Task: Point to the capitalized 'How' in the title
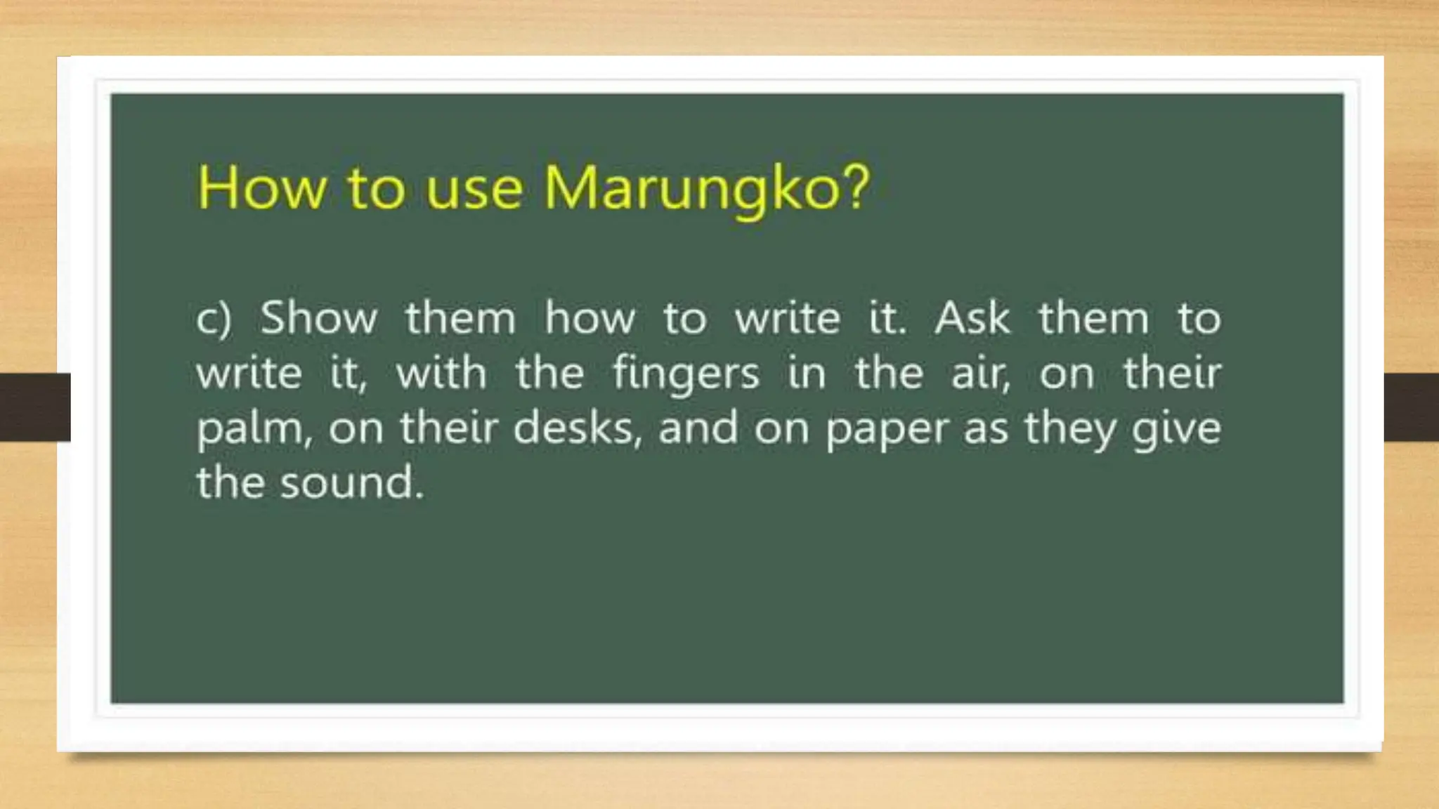261,188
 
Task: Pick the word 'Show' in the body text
319,318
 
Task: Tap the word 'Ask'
972,318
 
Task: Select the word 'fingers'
686,374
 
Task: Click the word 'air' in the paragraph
979,374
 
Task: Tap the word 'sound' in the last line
351,483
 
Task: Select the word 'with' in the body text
441,373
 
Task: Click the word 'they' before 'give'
1068,428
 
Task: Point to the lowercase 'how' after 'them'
590,318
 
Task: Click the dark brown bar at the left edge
35,407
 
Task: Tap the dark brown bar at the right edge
1411,407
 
